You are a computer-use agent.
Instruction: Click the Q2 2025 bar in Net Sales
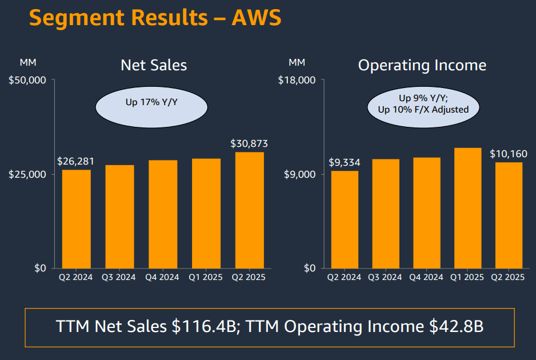tap(249, 210)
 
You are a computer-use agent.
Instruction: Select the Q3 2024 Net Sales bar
tap(119, 217)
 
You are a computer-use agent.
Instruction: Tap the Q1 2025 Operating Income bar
tap(467, 208)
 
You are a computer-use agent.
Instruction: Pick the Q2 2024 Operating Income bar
tap(345, 219)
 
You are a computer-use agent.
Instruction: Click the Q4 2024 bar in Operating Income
tap(426, 213)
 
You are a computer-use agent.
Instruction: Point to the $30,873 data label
tap(249, 143)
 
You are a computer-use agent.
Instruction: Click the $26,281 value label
tap(76, 162)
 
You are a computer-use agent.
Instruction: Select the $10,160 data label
tap(509, 154)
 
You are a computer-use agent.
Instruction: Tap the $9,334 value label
tap(345, 163)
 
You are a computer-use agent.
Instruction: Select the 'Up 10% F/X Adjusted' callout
tap(423, 109)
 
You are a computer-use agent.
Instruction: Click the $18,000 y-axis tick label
tap(297, 80)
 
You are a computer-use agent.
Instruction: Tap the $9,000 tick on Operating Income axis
tap(299, 174)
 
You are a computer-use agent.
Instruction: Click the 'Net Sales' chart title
tap(154, 65)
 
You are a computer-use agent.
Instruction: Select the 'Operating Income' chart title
tap(422, 65)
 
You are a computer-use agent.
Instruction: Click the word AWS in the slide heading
tap(257, 18)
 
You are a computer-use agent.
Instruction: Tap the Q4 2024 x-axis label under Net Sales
tap(163, 278)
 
